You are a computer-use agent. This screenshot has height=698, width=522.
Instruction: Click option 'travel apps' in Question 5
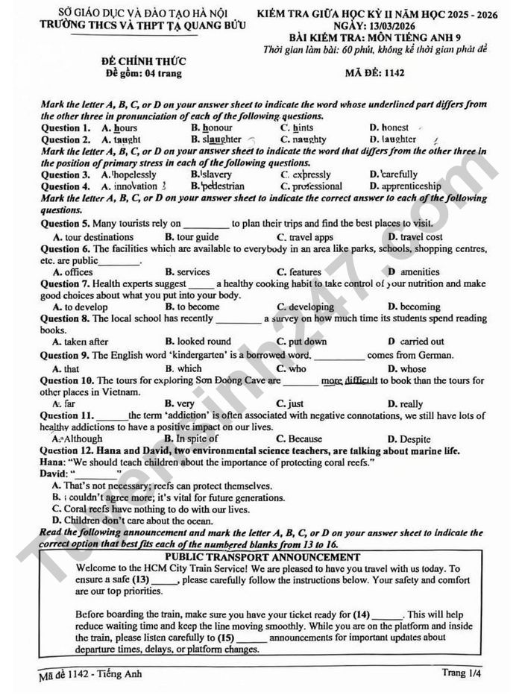point(311,237)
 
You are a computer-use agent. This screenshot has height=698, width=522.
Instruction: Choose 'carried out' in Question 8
point(421,342)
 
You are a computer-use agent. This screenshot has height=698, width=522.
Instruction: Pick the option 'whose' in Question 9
point(412,368)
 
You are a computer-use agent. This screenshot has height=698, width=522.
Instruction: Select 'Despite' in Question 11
point(415,438)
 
